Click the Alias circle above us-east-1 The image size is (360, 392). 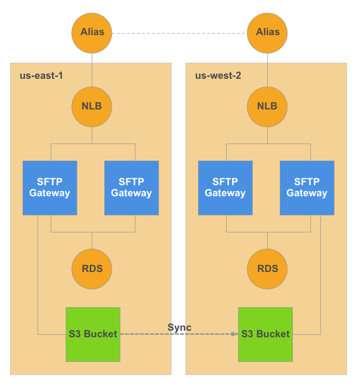coord(92,32)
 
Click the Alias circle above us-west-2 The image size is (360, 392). coord(267,32)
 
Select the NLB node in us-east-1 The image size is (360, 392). coord(92,106)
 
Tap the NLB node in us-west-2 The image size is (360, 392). coord(267,106)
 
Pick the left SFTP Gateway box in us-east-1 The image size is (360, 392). coord(50,188)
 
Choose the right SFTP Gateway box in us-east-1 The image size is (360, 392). coord(131,188)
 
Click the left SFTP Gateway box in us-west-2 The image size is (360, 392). coord(225,188)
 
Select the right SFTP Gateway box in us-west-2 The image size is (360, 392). coord(307,188)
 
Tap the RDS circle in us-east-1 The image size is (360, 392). coord(92,269)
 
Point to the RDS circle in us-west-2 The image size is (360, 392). coord(267,269)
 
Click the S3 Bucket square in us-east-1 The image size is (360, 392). coord(93,334)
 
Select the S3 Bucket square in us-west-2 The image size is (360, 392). coord(265,334)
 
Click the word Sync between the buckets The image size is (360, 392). coord(179,328)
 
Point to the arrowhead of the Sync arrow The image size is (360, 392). coord(235,334)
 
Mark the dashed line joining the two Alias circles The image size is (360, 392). coord(179,33)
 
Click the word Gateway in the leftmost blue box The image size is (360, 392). coord(50,193)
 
